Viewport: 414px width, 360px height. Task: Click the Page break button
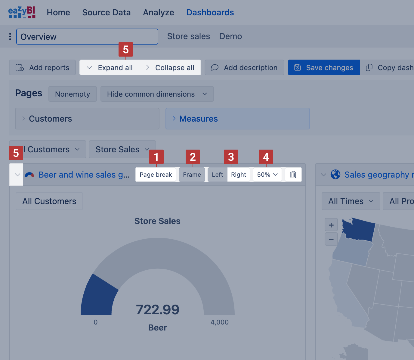[x=156, y=175]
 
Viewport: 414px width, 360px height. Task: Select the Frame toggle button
[x=192, y=175]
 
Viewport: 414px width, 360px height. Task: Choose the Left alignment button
[x=218, y=175]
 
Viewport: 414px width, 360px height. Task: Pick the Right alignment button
[x=239, y=175]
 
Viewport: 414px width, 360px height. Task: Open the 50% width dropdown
[x=267, y=175]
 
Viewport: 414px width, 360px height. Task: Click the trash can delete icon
[x=293, y=175]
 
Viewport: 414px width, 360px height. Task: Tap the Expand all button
[x=109, y=68]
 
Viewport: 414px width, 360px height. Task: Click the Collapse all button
[x=170, y=68]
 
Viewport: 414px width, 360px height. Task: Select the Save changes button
[x=324, y=68]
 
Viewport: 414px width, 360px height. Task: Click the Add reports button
[x=42, y=68]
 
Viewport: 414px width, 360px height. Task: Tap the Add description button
[x=244, y=68]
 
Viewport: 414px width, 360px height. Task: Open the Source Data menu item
[x=107, y=13]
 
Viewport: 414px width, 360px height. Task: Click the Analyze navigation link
[x=159, y=13]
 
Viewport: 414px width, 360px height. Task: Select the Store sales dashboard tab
[x=189, y=36]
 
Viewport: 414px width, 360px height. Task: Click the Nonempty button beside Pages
[x=73, y=94]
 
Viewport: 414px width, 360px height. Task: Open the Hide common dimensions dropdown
[x=157, y=94]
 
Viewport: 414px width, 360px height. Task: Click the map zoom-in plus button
[x=331, y=225]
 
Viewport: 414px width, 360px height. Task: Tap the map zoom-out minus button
[x=331, y=239]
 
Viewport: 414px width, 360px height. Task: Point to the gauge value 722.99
[x=158, y=310]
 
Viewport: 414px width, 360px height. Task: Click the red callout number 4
[x=266, y=157]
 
